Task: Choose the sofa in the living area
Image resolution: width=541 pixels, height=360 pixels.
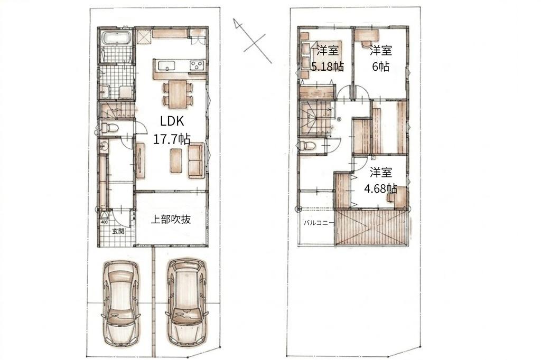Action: click(195, 160)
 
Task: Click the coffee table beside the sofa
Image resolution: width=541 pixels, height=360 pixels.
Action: click(176, 160)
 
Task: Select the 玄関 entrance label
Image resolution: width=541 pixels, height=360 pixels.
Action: click(118, 231)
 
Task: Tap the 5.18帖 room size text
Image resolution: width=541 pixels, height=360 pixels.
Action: click(327, 67)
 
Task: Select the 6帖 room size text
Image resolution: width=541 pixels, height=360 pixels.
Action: click(380, 67)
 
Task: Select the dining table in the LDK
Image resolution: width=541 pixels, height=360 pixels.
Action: click(178, 94)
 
